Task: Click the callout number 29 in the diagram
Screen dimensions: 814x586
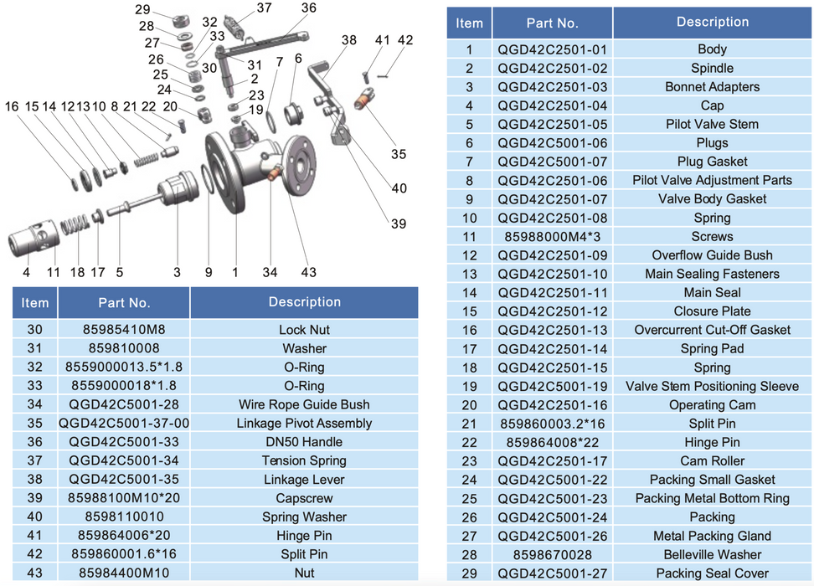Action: click(x=142, y=9)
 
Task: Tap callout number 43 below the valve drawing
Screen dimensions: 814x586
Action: click(x=308, y=272)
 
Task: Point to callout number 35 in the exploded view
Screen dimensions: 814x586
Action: click(x=398, y=154)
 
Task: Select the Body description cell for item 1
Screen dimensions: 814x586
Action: click(x=712, y=49)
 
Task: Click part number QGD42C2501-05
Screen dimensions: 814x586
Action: click(x=553, y=124)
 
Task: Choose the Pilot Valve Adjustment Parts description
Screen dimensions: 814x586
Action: click(x=712, y=180)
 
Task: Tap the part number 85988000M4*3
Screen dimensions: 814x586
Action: click(x=553, y=237)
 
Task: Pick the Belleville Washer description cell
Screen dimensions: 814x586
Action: click(x=712, y=554)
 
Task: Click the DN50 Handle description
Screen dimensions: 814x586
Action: click(x=304, y=442)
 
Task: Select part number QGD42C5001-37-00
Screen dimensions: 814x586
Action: click(x=124, y=423)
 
